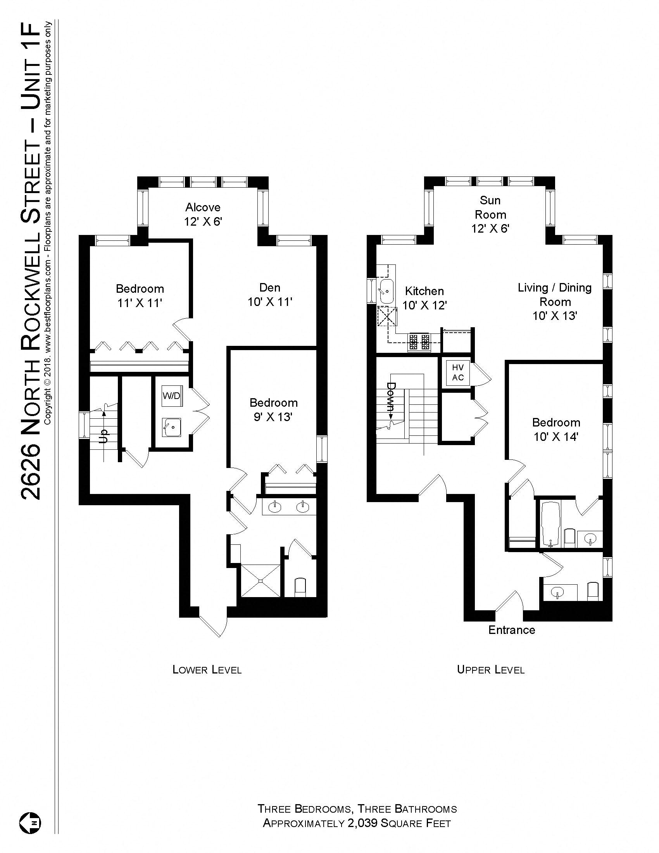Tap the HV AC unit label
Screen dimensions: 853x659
click(457, 372)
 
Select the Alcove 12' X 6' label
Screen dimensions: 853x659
click(203, 214)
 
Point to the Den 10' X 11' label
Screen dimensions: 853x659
click(270, 295)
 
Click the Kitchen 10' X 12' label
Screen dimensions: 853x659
click(424, 298)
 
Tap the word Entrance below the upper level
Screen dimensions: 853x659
click(511, 630)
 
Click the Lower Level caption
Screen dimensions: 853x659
click(207, 670)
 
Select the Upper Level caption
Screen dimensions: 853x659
click(490, 670)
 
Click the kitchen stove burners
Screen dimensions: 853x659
click(419, 342)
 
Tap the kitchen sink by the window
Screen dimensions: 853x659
click(386, 291)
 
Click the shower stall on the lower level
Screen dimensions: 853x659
click(260, 580)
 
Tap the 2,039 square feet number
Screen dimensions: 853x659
click(362, 823)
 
